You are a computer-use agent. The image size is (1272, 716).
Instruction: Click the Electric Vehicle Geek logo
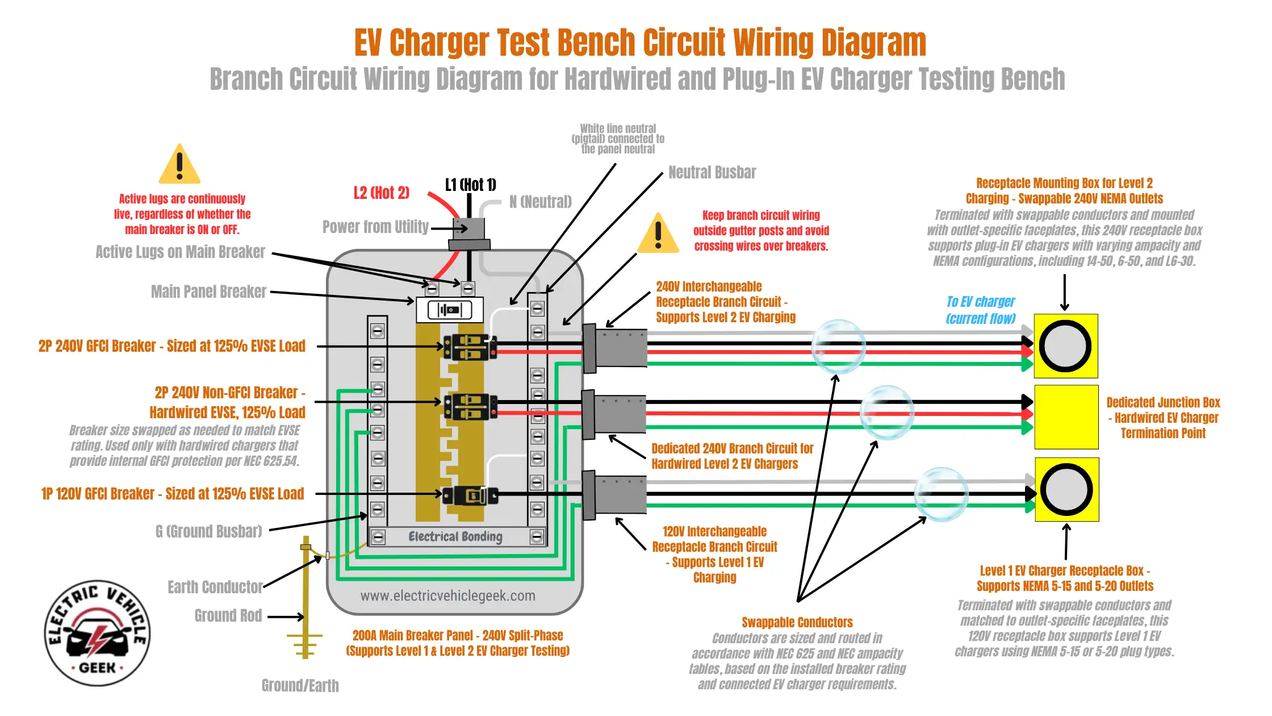click(x=98, y=633)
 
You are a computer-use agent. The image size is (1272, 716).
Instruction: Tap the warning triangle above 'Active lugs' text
click(x=179, y=164)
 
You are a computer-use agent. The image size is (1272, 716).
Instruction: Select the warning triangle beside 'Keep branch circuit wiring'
click(x=658, y=233)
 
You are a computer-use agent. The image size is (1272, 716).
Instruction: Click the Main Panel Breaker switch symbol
click(x=450, y=310)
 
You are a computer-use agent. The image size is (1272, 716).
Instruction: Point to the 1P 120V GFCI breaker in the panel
click(x=470, y=496)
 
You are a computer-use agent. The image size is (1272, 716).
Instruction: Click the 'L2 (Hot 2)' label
click(x=381, y=193)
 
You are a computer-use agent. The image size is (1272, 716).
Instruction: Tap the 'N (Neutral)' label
click(x=540, y=202)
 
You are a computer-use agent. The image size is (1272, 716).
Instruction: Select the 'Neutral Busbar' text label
click(x=712, y=172)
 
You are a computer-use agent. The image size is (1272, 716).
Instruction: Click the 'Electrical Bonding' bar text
click(x=455, y=536)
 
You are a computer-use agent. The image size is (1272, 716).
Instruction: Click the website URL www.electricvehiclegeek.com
click(x=447, y=596)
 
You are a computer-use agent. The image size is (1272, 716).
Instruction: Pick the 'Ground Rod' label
click(x=228, y=615)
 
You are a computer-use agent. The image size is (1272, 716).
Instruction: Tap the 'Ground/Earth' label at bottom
click(x=300, y=685)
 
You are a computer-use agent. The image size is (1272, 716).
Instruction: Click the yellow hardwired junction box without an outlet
click(x=1066, y=417)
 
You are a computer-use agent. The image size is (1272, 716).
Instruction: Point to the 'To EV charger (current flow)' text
click(x=981, y=310)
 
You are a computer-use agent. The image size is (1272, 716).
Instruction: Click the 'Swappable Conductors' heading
click(x=797, y=622)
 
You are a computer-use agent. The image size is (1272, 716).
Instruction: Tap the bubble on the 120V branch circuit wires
click(x=941, y=494)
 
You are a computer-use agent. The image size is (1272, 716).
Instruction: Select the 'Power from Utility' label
click(x=375, y=227)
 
